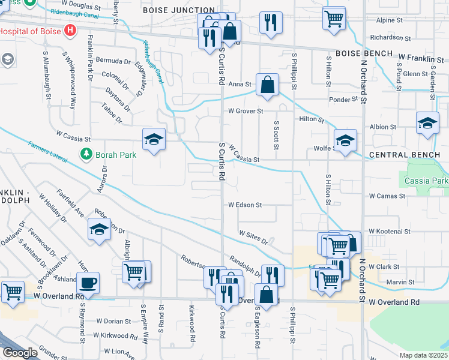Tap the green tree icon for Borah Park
click(86, 154)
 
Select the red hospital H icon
click(71, 29)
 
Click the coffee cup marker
click(88, 283)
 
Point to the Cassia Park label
click(426, 181)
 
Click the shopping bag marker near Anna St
click(267, 84)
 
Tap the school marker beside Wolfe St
click(345, 142)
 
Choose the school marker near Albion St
click(427, 124)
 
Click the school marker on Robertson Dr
click(99, 230)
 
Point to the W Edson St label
click(245, 205)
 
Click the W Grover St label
click(246, 111)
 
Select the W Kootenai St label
click(389, 231)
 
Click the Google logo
click(19, 353)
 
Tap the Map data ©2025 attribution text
click(423, 355)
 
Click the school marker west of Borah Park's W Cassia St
click(154, 140)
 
